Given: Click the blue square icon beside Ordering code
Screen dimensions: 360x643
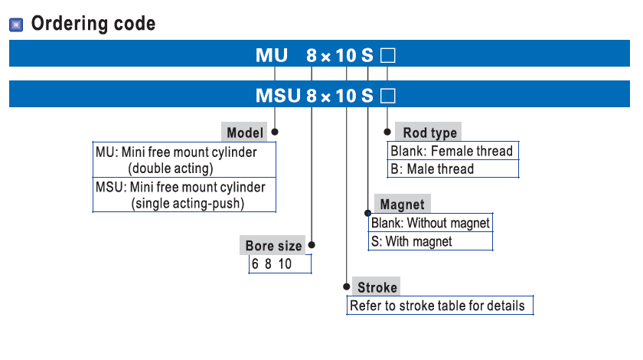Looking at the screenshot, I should click(16, 25).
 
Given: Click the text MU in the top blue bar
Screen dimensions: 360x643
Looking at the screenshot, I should click(272, 56).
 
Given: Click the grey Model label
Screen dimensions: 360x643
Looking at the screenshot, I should click(245, 133).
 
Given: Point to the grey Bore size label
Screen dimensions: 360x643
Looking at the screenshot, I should click(273, 246).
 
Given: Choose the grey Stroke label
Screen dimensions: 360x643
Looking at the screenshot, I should click(377, 287).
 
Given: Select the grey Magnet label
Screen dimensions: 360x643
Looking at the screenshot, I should click(402, 205).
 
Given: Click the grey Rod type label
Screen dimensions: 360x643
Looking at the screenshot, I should click(429, 133).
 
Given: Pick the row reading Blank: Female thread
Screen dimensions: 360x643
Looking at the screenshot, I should click(452, 151).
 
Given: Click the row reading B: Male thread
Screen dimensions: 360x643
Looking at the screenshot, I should click(432, 169).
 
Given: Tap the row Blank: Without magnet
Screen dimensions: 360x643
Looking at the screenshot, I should click(430, 224).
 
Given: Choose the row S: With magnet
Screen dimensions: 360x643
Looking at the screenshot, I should click(412, 242).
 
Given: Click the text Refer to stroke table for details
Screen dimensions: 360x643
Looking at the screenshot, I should click(437, 306).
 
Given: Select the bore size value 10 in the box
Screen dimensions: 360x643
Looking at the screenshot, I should click(284, 264).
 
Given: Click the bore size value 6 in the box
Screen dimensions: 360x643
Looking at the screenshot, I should click(255, 264).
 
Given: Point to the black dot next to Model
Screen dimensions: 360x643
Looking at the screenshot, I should click(275, 132).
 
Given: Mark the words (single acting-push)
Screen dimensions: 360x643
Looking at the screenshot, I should click(188, 204).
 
